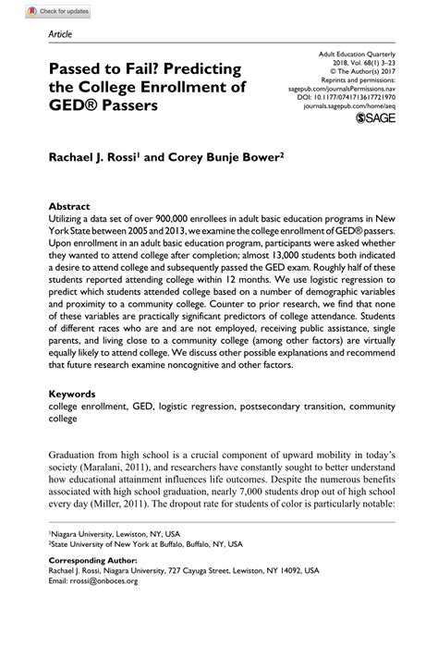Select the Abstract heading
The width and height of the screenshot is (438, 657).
(70, 207)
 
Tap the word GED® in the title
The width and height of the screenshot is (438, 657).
(79, 105)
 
